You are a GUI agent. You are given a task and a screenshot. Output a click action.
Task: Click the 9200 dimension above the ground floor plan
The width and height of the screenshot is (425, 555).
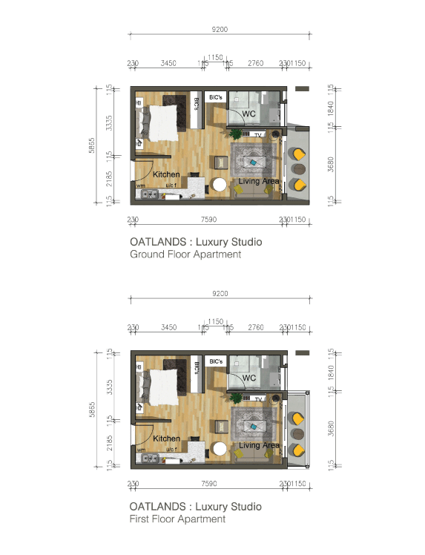click(x=220, y=30)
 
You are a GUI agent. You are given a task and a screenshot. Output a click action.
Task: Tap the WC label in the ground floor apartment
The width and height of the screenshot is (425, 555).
click(x=249, y=114)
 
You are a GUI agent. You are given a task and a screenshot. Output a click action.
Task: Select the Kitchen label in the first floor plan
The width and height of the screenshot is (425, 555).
click(x=167, y=439)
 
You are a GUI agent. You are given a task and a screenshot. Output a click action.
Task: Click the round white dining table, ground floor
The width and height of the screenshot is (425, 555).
click(x=220, y=185)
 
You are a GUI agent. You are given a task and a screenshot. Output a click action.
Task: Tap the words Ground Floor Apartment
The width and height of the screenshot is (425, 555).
click(x=185, y=254)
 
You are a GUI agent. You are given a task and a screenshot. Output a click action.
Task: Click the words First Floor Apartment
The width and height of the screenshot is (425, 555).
click(x=177, y=519)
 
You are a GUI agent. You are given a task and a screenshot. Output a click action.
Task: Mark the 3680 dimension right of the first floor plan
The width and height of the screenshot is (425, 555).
click(x=332, y=427)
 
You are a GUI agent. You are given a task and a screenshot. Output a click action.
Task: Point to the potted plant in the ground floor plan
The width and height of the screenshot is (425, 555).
click(x=236, y=134)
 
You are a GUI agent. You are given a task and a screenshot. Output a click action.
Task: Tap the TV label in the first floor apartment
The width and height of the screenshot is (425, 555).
click(x=259, y=399)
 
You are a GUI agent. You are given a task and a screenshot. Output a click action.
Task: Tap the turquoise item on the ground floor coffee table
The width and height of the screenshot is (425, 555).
click(x=254, y=162)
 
